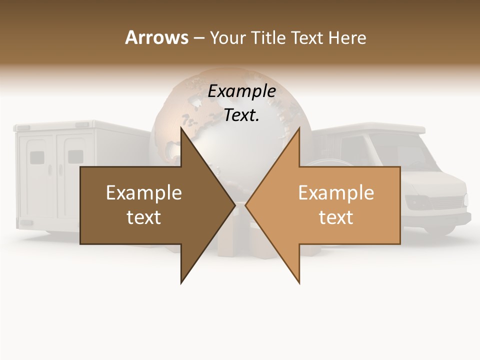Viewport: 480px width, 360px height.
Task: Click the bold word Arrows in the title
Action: pyautogui.click(x=156, y=37)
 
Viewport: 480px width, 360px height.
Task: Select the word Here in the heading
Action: pyautogui.click(x=347, y=37)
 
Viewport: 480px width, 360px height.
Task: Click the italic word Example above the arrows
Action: pyautogui.click(x=242, y=91)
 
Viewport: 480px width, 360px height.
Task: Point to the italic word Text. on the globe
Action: pyautogui.click(x=241, y=115)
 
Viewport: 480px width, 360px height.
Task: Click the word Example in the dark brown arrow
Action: pyautogui.click(x=144, y=193)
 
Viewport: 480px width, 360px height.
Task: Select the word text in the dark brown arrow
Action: pyautogui.click(x=144, y=217)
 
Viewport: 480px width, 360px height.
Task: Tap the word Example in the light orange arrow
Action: pyautogui.click(x=336, y=193)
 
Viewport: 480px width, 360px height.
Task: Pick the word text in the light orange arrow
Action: pyautogui.click(x=336, y=217)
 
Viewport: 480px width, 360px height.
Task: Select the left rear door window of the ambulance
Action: pyautogui.click(x=37, y=158)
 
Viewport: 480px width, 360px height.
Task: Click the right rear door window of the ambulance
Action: pyautogui.click(x=74, y=157)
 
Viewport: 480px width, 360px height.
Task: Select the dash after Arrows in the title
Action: pyautogui.click(x=198, y=38)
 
